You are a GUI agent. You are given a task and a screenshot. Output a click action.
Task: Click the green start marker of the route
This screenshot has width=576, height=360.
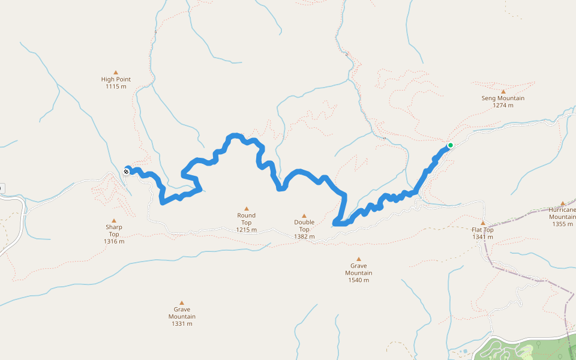pyautogui.click(x=450, y=145)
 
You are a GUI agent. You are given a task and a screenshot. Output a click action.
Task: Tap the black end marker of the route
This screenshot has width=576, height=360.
pyautogui.click(x=127, y=172)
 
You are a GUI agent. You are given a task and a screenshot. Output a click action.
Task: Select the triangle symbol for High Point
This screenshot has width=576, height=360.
pyautogui.click(x=116, y=72)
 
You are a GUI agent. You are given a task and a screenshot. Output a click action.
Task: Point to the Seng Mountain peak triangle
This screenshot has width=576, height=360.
pyautogui.click(x=503, y=91)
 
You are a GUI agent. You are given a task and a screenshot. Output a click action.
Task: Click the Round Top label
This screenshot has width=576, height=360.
pyautogui.click(x=246, y=219)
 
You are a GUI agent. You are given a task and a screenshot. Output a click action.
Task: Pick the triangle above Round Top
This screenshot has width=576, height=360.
pyautogui.click(x=246, y=208)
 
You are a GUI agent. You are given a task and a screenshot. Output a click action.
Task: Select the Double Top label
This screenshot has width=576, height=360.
pyautogui.click(x=304, y=226)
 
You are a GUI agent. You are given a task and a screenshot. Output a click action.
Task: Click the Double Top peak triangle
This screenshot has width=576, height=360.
pyautogui.click(x=304, y=215)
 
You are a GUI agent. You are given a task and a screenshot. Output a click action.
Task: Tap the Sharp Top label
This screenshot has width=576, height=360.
pyautogui.click(x=114, y=230)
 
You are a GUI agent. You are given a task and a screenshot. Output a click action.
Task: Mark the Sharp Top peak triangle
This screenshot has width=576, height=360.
pyautogui.click(x=114, y=220)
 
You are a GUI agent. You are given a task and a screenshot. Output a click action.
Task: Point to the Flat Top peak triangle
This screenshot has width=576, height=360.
pyautogui.click(x=482, y=223)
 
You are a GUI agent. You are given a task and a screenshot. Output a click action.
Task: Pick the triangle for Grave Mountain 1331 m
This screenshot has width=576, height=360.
pyautogui.click(x=182, y=303)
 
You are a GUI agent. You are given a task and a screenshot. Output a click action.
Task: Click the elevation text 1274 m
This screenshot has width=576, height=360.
pyautogui.click(x=503, y=106)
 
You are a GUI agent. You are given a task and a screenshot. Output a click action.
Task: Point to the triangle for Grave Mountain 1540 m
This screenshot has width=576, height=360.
pyautogui.click(x=359, y=259)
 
